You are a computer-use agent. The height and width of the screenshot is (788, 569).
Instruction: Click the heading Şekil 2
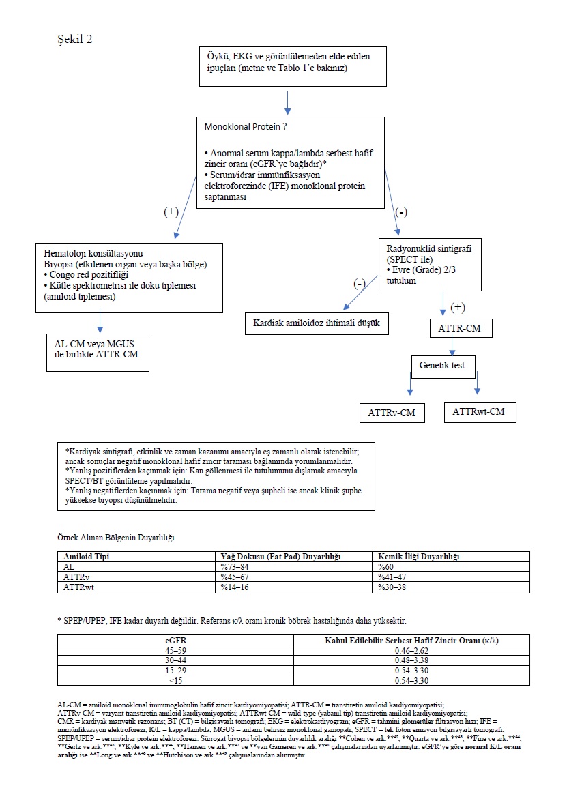coord(75,39)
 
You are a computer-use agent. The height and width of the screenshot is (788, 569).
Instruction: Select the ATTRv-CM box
coord(392,413)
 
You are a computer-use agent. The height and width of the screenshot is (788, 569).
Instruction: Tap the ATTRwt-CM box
coord(480,411)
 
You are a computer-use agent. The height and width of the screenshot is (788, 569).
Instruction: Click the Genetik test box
coord(441,366)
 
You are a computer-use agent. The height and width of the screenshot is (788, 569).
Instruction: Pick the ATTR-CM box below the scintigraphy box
coord(461,328)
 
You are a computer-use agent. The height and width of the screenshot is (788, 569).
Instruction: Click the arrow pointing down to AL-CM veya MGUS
coord(100,320)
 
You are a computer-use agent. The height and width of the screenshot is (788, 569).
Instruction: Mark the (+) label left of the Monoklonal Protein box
coord(172,211)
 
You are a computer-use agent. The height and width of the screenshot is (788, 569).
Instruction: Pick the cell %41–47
coord(392,577)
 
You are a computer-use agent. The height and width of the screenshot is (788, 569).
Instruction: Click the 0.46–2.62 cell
coord(412,650)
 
